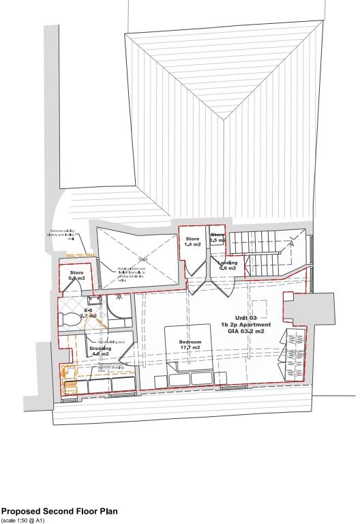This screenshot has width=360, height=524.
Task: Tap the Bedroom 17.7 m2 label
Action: click(x=190, y=345)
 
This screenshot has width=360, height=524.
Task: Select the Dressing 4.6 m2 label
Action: click(x=100, y=351)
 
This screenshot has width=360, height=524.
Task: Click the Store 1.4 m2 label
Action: click(x=192, y=242)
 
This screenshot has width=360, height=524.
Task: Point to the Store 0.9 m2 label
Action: click(x=76, y=276)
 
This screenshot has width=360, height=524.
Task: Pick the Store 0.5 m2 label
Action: click(x=217, y=238)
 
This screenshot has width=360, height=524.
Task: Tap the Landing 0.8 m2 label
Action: click(x=227, y=265)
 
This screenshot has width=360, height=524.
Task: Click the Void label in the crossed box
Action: click(x=143, y=259)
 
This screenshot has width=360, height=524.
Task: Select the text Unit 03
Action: click(x=246, y=318)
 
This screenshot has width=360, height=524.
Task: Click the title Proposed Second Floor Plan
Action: click(x=59, y=510)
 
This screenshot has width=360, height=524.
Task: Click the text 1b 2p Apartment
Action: click(x=246, y=325)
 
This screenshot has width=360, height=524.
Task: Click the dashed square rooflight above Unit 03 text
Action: click(x=259, y=304)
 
